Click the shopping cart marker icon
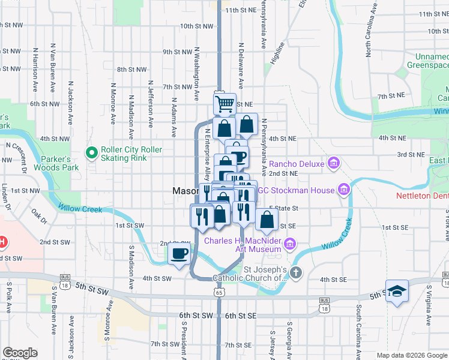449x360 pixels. point(224,104)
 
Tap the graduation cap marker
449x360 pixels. point(397,291)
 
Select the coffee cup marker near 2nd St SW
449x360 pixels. point(179,254)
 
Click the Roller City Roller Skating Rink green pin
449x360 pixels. point(92,154)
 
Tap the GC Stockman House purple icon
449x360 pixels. point(343,190)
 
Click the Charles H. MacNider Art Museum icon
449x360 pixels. point(290,244)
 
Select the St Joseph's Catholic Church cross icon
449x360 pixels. point(295,273)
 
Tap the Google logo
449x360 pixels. point(20,353)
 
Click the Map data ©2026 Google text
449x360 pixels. point(411,355)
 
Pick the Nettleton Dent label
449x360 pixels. point(422,196)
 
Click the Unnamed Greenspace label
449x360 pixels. point(428,61)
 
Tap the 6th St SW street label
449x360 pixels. point(196,316)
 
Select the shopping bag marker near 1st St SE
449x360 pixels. point(267,220)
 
